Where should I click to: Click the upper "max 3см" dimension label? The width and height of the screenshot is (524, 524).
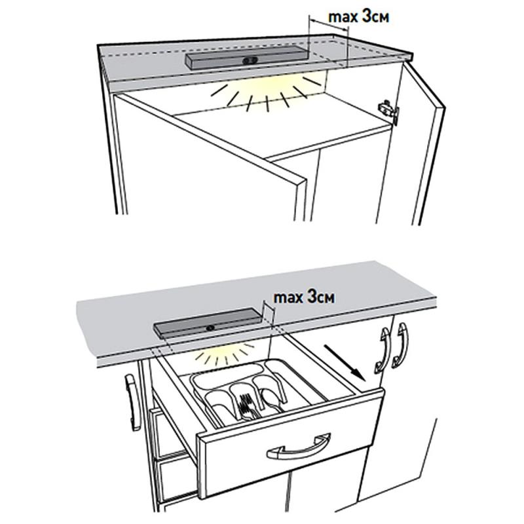(x=358, y=17)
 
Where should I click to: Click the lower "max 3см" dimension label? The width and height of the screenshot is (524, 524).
(x=304, y=297)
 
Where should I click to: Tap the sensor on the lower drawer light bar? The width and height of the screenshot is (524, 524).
(x=211, y=328)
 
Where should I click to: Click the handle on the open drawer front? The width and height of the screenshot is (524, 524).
(x=299, y=447)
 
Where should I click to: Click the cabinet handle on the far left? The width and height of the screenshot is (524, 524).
(x=132, y=403)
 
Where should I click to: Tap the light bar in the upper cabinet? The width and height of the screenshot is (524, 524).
(x=246, y=59)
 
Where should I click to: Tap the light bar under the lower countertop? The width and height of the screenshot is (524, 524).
(x=208, y=325)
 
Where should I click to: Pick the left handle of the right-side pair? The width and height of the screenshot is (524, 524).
(x=383, y=351)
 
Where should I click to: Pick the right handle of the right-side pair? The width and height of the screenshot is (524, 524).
(x=400, y=346)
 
